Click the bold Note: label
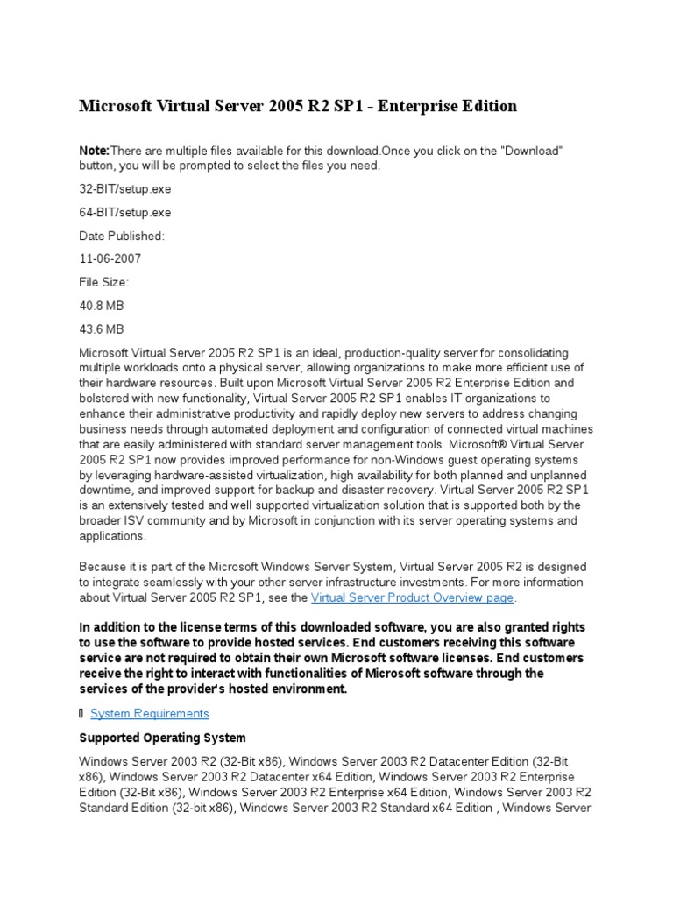click(x=95, y=152)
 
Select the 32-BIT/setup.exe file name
click(x=125, y=188)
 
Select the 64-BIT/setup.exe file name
click(x=125, y=212)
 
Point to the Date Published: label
click(x=121, y=236)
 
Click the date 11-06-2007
click(x=110, y=259)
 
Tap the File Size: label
click(x=103, y=283)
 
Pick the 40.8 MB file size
click(x=101, y=307)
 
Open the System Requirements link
click(x=150, y=713)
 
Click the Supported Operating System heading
click(x=162, y=738)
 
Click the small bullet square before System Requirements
click(x=82, y=713)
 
